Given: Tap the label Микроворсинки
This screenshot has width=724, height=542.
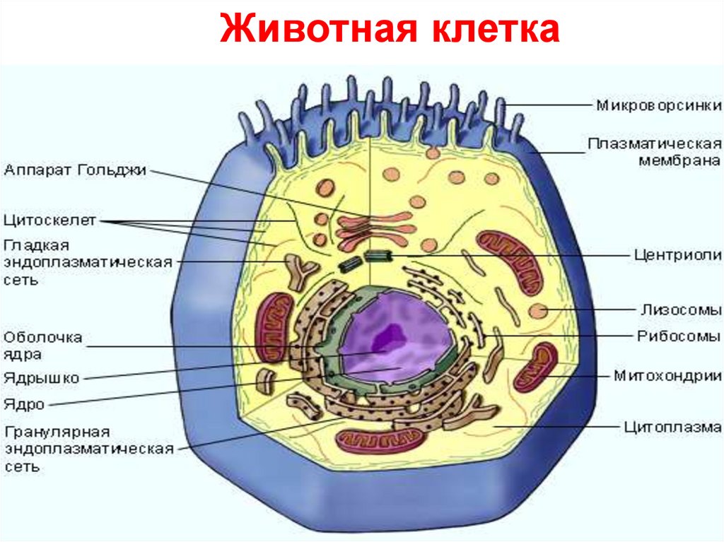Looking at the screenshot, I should click(658, 106).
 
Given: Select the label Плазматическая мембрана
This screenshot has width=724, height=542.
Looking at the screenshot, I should click(655, 152).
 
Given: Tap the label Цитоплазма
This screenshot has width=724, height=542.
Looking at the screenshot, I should click(672, 427).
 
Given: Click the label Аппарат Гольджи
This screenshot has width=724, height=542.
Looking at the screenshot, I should click(75, 170).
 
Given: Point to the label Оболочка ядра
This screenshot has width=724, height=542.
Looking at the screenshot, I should click(42, 346).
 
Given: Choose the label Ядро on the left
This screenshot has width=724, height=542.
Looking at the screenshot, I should click(24, 405).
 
